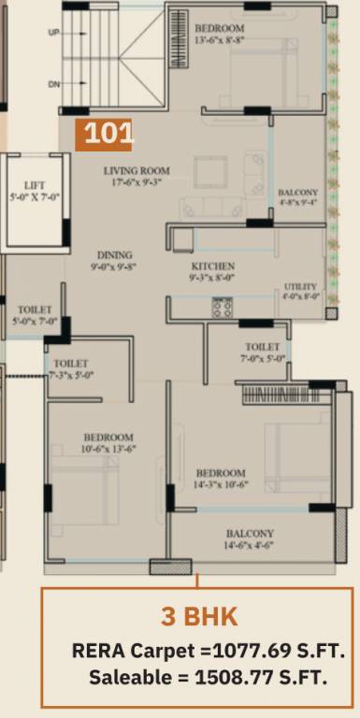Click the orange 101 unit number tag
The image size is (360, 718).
click(x=104, y=135)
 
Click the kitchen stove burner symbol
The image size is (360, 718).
click(x=222, y=307)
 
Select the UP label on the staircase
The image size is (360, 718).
click(x=53, y=31)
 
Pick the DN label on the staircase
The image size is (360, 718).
click(x=53, y=84)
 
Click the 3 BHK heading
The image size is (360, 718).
click(x=199, y=617)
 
